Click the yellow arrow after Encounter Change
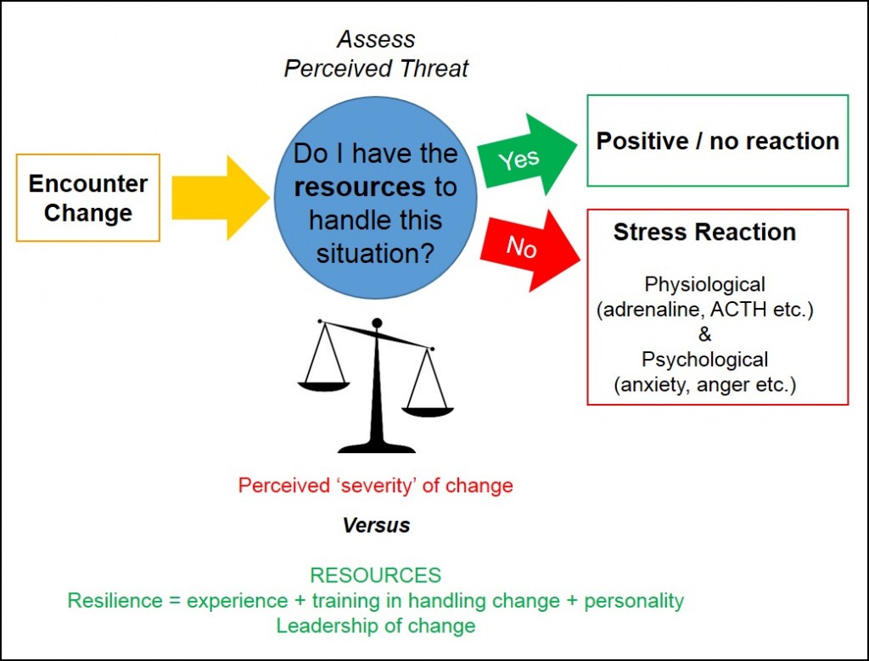tap(221, 198)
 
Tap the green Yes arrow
tap(525, 154)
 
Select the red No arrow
tap(529, 249)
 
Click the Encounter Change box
tap(88, 198)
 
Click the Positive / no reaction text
tap(718, 142)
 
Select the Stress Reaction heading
tap(704, 232)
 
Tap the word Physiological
tap(704, 285)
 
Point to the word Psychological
tap(704, 360)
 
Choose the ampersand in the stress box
tap(704, 334)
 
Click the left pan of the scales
tap(324, 385)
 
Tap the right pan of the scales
tap(428, 412)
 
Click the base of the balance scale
tap(376, 447)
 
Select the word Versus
tap(376, 525)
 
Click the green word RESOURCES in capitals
tap(376, 575)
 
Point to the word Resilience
tap(115, 601)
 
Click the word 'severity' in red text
tap(375, 485)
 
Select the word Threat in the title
tap(434, 69)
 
